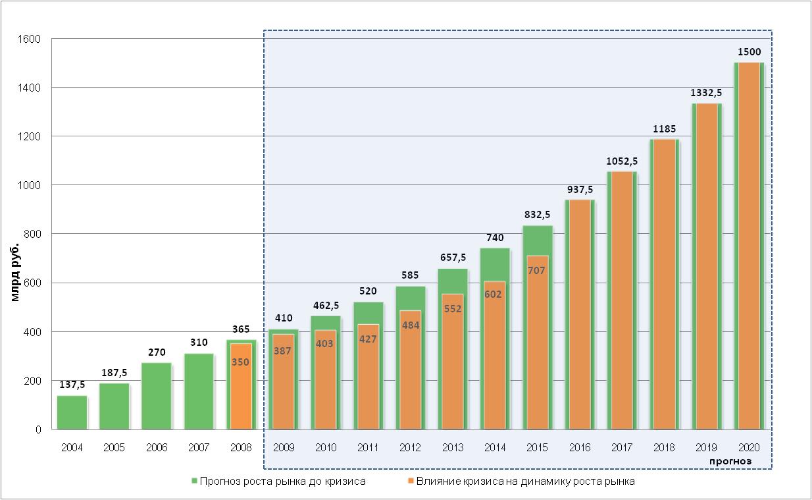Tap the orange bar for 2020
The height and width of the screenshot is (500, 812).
pyautogui.click(x=749, y=250)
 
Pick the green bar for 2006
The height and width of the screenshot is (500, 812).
pyautogui.click(x=156, y=396)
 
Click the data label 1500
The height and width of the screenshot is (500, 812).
pyautogui.click(x=749, y=52)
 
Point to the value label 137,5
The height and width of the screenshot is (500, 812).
pyautogui.click(x=72, y=385)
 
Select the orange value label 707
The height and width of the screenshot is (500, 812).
pyautogui.click(x=536, y=270)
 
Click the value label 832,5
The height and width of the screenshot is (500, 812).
pyautogui.click(x=537, y=215)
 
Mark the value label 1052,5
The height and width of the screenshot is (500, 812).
pyautogui.click(x=621, y=161)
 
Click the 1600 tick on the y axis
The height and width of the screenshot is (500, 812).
pyautogui.click(x=30, y=39)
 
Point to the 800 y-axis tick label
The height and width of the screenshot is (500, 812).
pyautogui.click(x=33, y=234)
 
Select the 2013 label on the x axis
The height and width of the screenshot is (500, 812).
pyautogui.click(x=452, y=448)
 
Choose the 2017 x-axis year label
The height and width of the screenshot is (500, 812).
pyautogui.click(x=621, y=448)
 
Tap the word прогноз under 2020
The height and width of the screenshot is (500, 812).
pyautogui.click(x=730, y=461)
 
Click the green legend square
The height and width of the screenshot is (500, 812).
pyautogui.click(x=194, y=482)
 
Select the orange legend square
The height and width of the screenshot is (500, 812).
pyautogui.click(x=411, y=482)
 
